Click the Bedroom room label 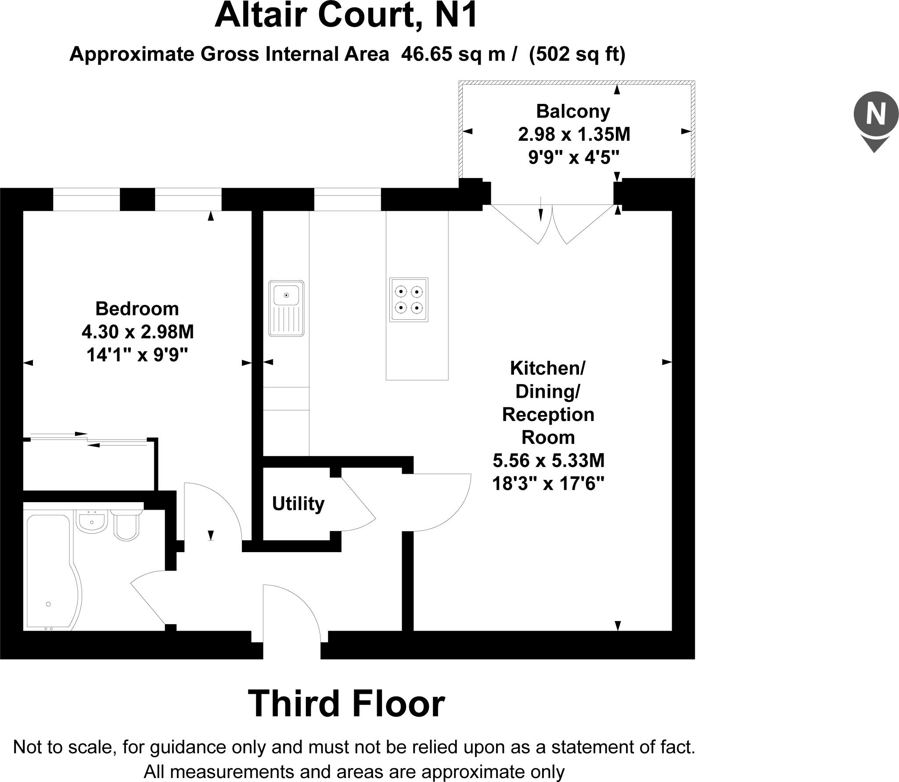pyautogui.click(x=137, y=309)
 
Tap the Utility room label pyautogui.click(x=298, y=503)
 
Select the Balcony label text pyautogui.click(x=573, y=111)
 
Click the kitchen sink pyautogui.click(x=286, y=308)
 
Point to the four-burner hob pyautogui.click(x=409, y=300)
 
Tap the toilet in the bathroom pyautogui.click(x=127, y=524)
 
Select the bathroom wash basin pyautogui.click(x=92, y=521)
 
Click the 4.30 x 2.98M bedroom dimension pyautogui.click(x=137, y=332)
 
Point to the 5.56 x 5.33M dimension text pyautogui.click(x=548, y=461)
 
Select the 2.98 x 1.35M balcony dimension pyautogui.click(x=574, y=134)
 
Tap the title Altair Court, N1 pyautogui.click(x=345, y=16)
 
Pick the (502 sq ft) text pyautogui.click(x=577, y=54)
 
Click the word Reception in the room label pyautogui.click(x=548, y=414)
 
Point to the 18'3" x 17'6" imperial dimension pyautogui.click(x=548, y=484)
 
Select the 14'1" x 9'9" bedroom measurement pyautogui.click(x=137, y=354)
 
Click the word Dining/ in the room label pyautogui.click(x=547, y=391)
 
